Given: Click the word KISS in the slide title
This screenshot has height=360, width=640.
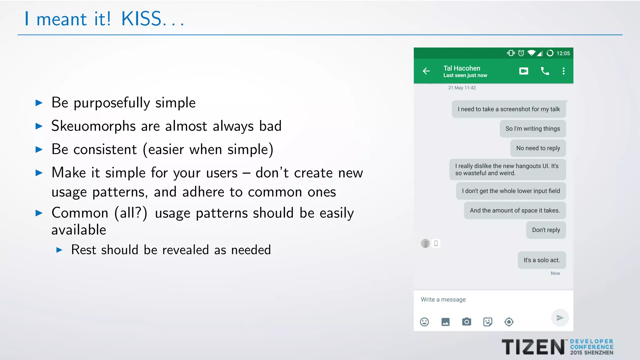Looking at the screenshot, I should click(141, 19).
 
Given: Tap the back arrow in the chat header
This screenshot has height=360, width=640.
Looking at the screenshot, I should click(426, 71).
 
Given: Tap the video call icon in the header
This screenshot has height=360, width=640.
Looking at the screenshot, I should click(524, 71).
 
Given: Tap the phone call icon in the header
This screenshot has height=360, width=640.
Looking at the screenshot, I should click(545, 71).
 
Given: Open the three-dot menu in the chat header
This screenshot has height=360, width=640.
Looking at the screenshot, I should click(563, 71).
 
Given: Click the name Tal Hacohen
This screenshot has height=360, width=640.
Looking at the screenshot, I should click(462, 68).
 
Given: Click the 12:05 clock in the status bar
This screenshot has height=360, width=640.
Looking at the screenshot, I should click(563, 53).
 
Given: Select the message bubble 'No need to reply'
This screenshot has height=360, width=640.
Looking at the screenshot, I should click(538, 148).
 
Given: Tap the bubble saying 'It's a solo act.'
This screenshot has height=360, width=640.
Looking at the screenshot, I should click(542, 260).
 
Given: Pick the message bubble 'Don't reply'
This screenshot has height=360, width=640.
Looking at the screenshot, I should click(546, 230).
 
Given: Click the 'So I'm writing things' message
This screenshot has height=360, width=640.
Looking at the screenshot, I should click(532, 129).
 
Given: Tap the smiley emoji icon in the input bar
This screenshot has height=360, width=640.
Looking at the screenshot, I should click(424, 322).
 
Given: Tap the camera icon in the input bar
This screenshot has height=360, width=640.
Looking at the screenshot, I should click(467, 322).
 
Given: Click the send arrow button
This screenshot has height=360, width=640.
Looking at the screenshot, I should click(560, 318).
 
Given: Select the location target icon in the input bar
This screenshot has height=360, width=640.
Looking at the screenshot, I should click(509, 322).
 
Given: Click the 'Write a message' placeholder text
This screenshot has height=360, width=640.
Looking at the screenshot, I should click(443, 300).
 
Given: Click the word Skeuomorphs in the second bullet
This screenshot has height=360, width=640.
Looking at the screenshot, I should click(93, 126).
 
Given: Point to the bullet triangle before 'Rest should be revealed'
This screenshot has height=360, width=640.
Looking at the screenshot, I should click(59, 250).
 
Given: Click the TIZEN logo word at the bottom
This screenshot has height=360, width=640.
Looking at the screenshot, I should click(533, 347).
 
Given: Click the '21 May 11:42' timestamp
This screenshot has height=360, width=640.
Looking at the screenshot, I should click(462, 88).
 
